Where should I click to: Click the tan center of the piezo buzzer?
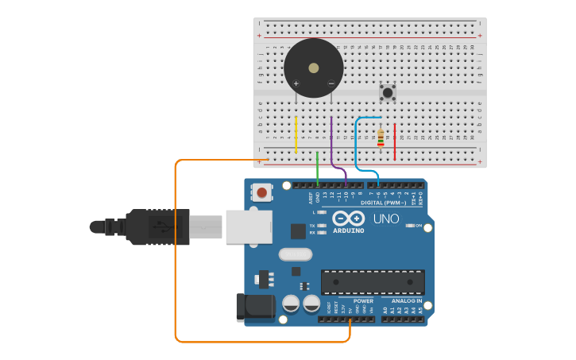(x=314, y=68)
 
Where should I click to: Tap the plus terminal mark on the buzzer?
(x=296, y=83)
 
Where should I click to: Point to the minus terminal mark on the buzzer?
(x=331, y=83)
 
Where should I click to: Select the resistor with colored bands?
(x=381, y=138)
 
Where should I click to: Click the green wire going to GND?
(x=317, y=168)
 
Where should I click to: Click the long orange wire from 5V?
(x=176, y=254)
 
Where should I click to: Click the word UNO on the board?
(x=386, y=219)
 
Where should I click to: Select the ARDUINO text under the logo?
(x=349, y=231)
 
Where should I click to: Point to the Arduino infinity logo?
(x=349, y=219)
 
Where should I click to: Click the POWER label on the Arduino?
(x=363, y=301)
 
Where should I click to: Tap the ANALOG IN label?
(x=407, y=301)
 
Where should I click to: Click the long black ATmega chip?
(x=373, y=281)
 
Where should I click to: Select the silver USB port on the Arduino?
(x=249, y=226)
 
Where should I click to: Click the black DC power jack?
(x=255, y=308)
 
